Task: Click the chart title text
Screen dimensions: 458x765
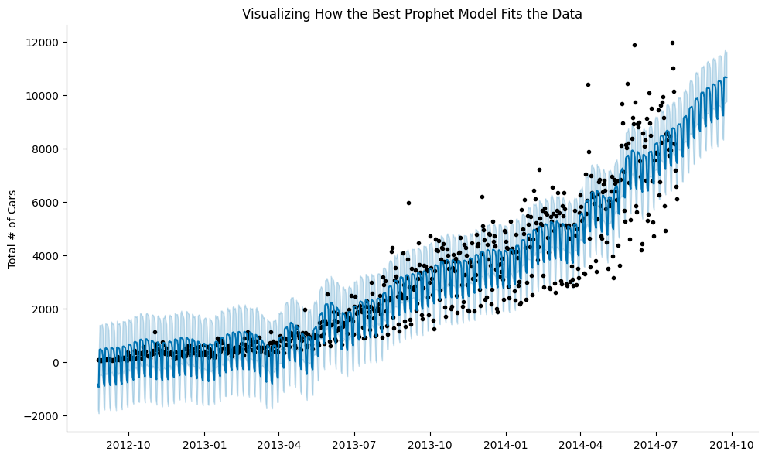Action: click(412, 14)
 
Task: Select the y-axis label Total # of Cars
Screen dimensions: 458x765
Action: click(12, 229)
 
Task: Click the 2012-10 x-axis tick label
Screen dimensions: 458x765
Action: click(128, 446)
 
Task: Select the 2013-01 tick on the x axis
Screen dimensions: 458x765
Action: click(204, 446)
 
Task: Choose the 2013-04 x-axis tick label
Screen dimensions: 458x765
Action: click(278, 446)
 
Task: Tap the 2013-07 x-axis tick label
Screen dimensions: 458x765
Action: click(353, 446)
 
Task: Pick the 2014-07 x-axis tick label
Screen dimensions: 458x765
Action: click(655, 446)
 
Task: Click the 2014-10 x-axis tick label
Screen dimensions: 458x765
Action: click(731, 446)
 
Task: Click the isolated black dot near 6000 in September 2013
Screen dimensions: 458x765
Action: click(408, 203)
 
